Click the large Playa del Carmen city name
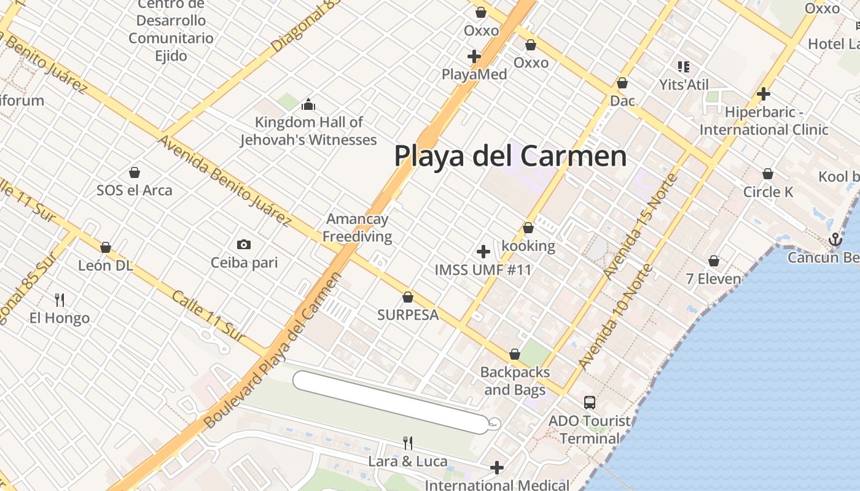pos(510,156)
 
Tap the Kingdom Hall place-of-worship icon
pos(308,105)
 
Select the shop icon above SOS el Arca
pos(135,172)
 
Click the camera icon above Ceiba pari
pos(244,245)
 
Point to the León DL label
pos(106,265)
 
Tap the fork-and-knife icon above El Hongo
pos(60,300)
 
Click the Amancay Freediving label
pos(358,228)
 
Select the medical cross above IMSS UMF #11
pos(483,252)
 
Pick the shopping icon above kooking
pos(528,228)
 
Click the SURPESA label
pos(408,315)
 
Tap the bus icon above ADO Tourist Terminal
pos(590,403)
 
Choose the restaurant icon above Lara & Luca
pos(407,443)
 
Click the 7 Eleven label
pos(713,279)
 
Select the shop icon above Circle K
pos(768,174)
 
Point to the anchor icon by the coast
pos(835,239)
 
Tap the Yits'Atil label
pos(684,85)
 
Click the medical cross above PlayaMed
pos(474,56)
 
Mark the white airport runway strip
pos(393,402)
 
